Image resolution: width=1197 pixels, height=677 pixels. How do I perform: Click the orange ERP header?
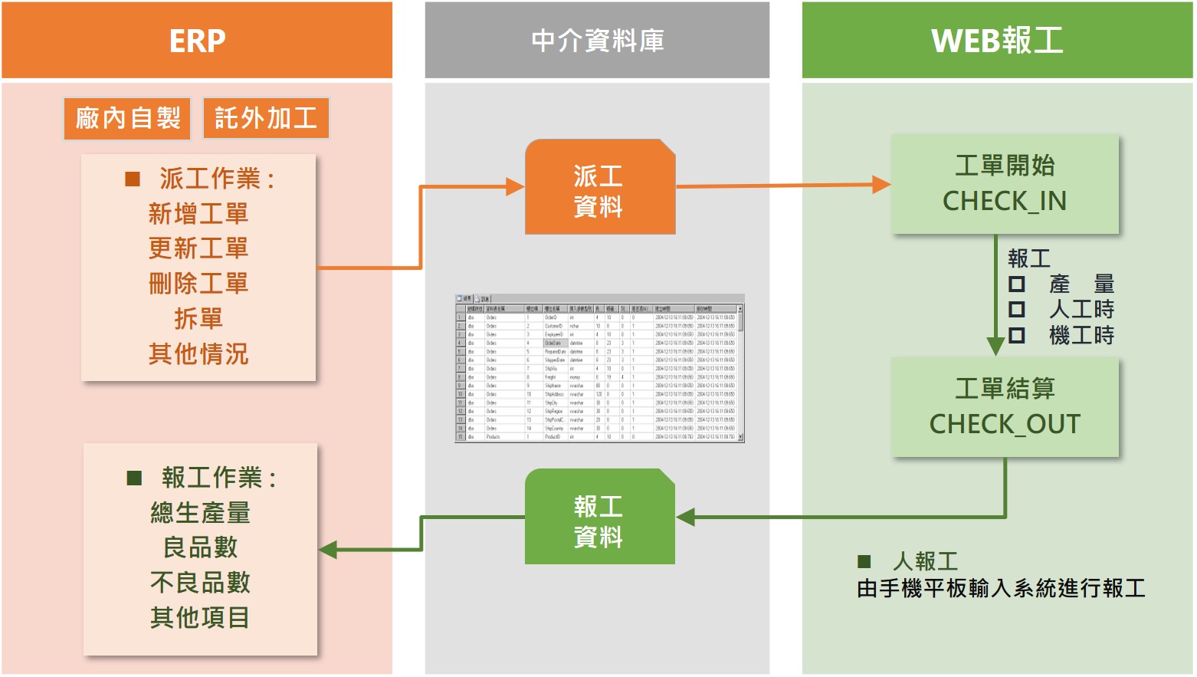tap(197, 41)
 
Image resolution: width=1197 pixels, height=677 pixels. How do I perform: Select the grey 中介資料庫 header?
tap(597, 41)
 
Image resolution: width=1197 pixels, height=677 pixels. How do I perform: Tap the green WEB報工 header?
tap(997, 41)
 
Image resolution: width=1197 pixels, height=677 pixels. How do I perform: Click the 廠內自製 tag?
tap(127, 118)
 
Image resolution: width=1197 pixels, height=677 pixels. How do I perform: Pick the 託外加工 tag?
tap(266, 118)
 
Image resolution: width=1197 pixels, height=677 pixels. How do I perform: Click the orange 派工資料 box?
tap(599, 187)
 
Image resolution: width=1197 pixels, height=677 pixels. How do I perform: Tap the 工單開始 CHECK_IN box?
tap(1005, 184)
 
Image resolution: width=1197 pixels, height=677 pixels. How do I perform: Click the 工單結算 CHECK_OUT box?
tap(1005, 407)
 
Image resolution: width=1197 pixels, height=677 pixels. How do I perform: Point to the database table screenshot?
tap(599, 368)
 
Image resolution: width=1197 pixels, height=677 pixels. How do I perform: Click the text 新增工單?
tap(198, 213)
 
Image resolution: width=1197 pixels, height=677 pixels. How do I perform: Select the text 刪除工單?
tap(198, 284)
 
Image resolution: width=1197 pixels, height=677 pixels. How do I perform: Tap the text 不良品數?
tap(200, 583)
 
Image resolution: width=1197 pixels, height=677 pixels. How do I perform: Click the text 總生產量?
tap(200, 512)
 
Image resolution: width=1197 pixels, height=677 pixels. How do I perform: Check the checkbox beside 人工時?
tap(1017, 310)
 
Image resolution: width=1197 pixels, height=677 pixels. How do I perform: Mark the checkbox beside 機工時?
tap(1017, 335)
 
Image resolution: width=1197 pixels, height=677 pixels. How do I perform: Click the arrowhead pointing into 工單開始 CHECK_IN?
tap(881, 185)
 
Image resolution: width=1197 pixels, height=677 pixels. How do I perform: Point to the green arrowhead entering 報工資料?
tap(685, 518)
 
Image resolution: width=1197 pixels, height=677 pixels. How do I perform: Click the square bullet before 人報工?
tap(864, 562)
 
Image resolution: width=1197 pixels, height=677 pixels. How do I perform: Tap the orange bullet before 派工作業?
tap(133, 179)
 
